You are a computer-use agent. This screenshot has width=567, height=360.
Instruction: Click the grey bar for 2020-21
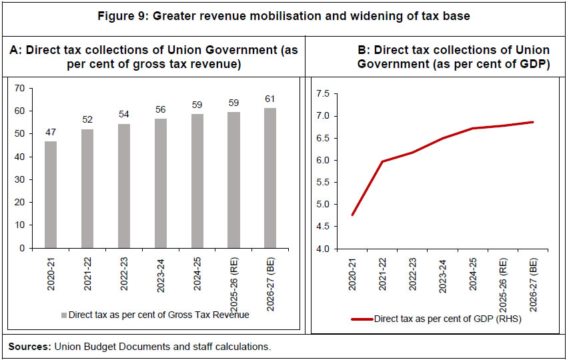coord(51,195)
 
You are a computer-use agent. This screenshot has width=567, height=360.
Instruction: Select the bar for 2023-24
coord(160,183)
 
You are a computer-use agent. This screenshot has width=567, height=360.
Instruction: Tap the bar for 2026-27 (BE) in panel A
coord(269,178)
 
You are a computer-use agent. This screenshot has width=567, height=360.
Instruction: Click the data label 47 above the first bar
coord(51,132)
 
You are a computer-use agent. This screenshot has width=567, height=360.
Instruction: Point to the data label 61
coord(269,99)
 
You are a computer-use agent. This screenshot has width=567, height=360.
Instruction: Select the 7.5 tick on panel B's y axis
coord(322,94)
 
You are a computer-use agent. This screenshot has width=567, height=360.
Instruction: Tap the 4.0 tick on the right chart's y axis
coord(322,249)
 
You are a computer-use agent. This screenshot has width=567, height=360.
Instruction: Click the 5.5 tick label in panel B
coord(322,183)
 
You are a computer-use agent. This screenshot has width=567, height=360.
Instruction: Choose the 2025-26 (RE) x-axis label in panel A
coord(234,279)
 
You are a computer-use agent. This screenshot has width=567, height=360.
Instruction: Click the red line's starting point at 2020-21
coord(352,215)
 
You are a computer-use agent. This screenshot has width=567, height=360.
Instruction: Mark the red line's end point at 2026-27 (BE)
coord(533,122)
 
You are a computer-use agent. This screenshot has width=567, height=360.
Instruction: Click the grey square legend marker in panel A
coord(64,315)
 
